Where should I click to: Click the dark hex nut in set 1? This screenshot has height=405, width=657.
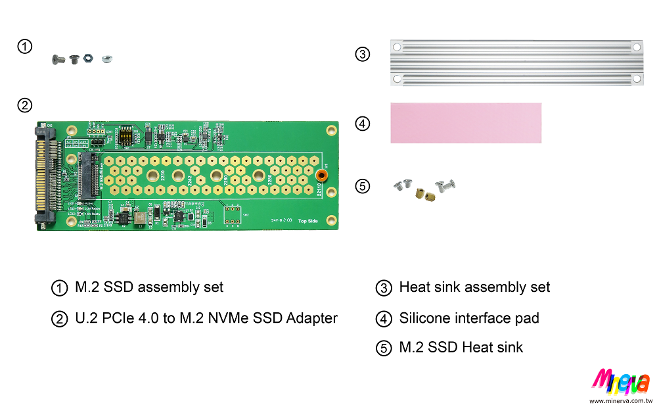pyautogui.click(x=87, y=59)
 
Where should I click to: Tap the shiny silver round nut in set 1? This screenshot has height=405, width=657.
pyautogui.click(x=104, y=61)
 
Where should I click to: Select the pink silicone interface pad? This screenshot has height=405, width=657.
pyautogui.click(x=466, y=122)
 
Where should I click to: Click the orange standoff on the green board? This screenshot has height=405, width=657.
pyautogui.click(x=322, y=175)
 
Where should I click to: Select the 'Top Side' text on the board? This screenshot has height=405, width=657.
pyautogui.click(x=307, y=222)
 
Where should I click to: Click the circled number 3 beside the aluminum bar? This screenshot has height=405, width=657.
pyautogui.click(x=363, y=54)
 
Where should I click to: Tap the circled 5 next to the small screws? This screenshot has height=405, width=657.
pyautogui.click(x=363, y=186)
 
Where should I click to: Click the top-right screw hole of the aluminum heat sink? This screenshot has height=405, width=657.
pyautogui.click(x=636, y=47)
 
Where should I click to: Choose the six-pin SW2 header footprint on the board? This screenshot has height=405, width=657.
pyautogui.click(x=231, y=214)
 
